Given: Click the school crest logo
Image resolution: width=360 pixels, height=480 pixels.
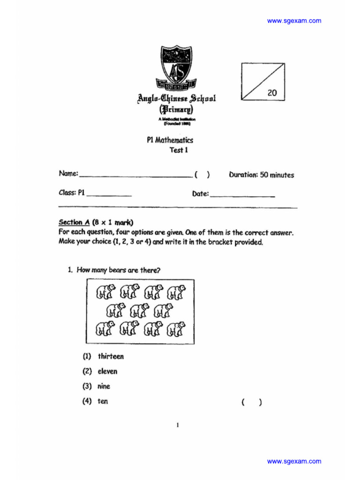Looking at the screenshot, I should [176, 67].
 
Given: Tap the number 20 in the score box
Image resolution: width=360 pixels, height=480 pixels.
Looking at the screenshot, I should [272, 93].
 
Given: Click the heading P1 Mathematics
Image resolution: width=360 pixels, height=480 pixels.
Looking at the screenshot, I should [170, 140].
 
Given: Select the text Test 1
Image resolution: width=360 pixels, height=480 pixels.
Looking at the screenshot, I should [179, 150].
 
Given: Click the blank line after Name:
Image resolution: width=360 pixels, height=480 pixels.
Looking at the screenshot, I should [135, 176].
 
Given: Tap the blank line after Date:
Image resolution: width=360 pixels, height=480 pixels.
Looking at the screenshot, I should [242, 195].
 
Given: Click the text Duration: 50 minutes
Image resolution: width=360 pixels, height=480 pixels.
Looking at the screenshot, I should [262, 175].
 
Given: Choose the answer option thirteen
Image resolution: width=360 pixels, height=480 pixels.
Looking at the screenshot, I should [111, 357].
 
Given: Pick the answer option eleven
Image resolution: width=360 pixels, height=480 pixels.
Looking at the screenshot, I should [107, 372].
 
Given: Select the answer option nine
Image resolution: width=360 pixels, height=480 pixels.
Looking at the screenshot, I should [104, 387].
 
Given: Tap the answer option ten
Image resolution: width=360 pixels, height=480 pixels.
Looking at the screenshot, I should [103, 402].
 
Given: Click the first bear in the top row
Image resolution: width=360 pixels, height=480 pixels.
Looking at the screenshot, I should [105, 292].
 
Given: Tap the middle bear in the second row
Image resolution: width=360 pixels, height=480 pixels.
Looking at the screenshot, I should [139, 310].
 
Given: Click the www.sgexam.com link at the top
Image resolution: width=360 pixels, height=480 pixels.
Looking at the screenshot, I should [294, 21].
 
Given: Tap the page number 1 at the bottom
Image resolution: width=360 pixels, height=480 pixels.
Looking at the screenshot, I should [178, 425].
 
